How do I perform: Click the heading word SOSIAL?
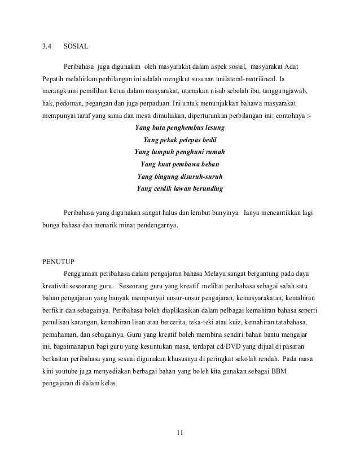point(76,46)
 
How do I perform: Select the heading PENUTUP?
point(58,261)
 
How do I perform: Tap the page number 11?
point(179,433)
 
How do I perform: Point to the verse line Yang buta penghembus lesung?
point(179,128)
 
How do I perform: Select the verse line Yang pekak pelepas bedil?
point(179,140)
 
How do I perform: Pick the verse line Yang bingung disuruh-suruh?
point(179,177)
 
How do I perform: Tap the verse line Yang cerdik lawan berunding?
point(179,189)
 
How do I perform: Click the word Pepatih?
point(54,76)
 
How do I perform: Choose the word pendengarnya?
point(155,226)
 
